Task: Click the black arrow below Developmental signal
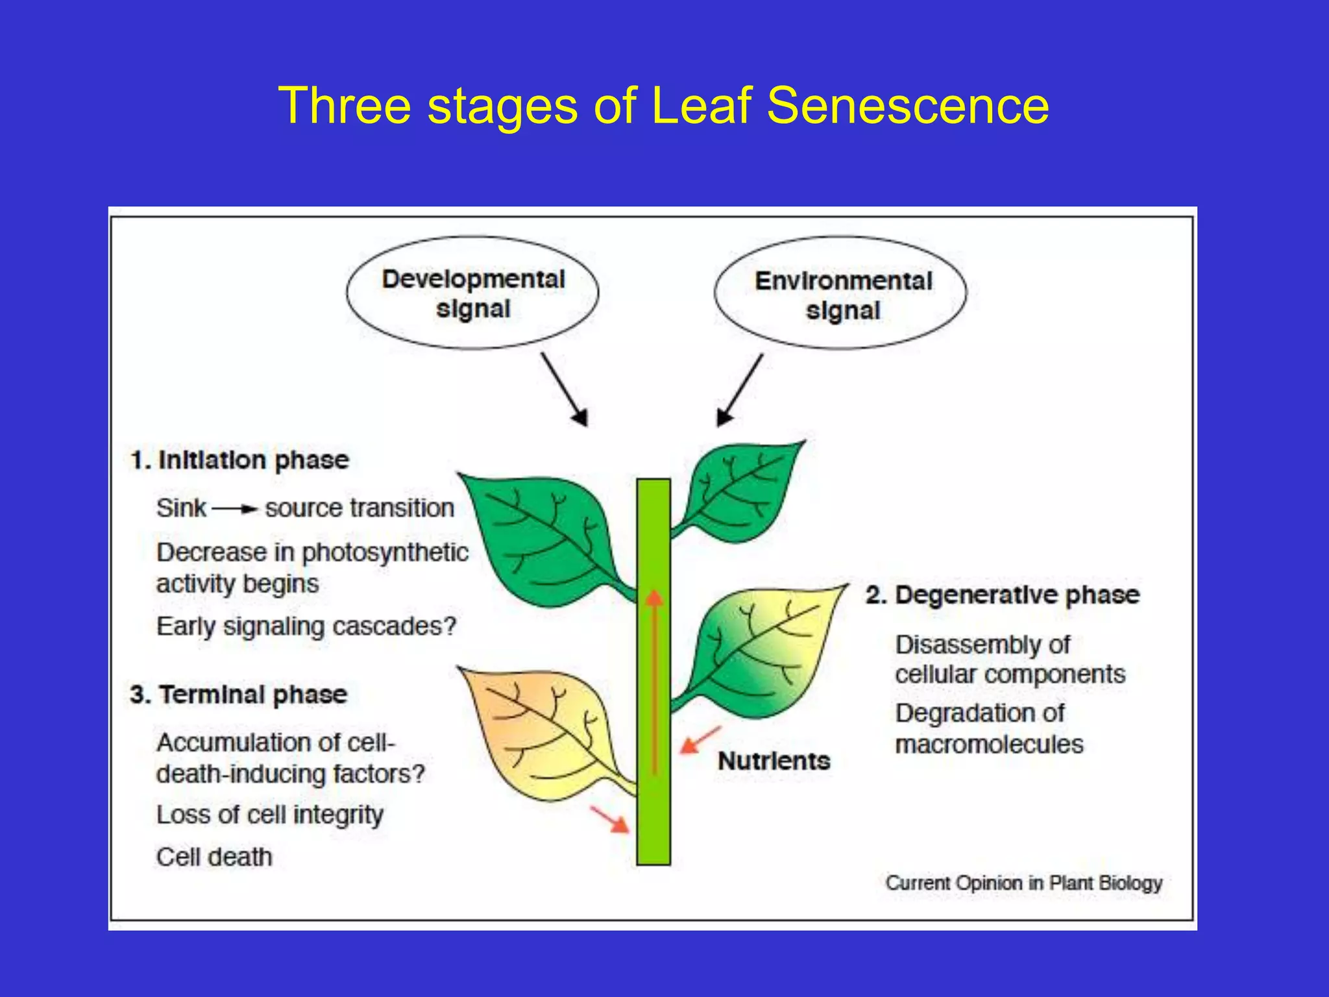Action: (565, 389)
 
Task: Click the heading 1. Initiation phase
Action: (240, 460)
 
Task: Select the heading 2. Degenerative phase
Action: (1002, 595)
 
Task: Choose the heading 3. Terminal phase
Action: (239, 695)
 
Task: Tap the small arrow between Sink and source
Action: (235, 510)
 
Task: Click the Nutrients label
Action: (774, 761)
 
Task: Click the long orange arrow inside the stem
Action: (655, 682)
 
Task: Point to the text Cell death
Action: (214, 857)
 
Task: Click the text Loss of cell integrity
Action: (270, 815)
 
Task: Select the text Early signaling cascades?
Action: (306, 627)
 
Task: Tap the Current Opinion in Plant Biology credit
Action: (1024, 883)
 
